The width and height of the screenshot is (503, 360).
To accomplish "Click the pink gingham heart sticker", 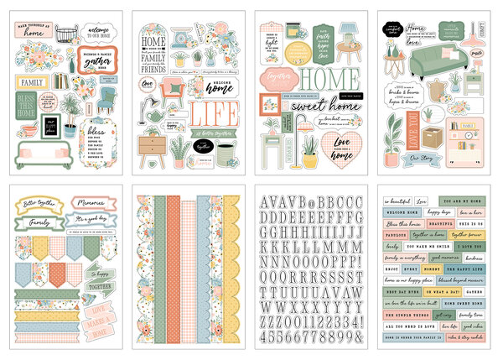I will point(341,127).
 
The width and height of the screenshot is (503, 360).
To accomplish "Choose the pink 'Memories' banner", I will point(87,203).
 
